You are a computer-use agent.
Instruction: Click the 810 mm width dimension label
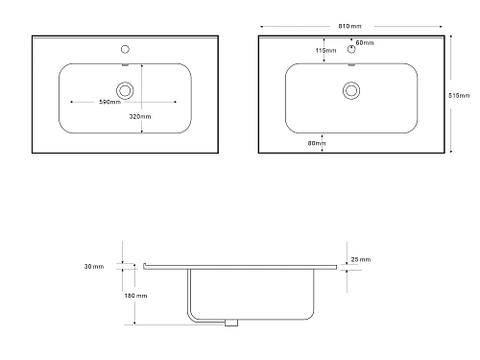coord(349,26)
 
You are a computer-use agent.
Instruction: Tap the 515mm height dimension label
coord(459,95)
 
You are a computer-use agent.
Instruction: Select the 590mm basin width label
coord(109,102)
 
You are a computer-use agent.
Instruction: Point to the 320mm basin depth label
coord(140,116)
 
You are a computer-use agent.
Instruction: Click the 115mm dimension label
coord(325,50)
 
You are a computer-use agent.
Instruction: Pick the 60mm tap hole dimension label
coord(365,42)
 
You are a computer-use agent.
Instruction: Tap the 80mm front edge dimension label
coord(317,143)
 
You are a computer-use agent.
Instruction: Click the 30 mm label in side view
coord(94,266)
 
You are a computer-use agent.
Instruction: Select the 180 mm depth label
coord(135,296)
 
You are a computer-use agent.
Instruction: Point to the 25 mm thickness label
coord(361,259)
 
